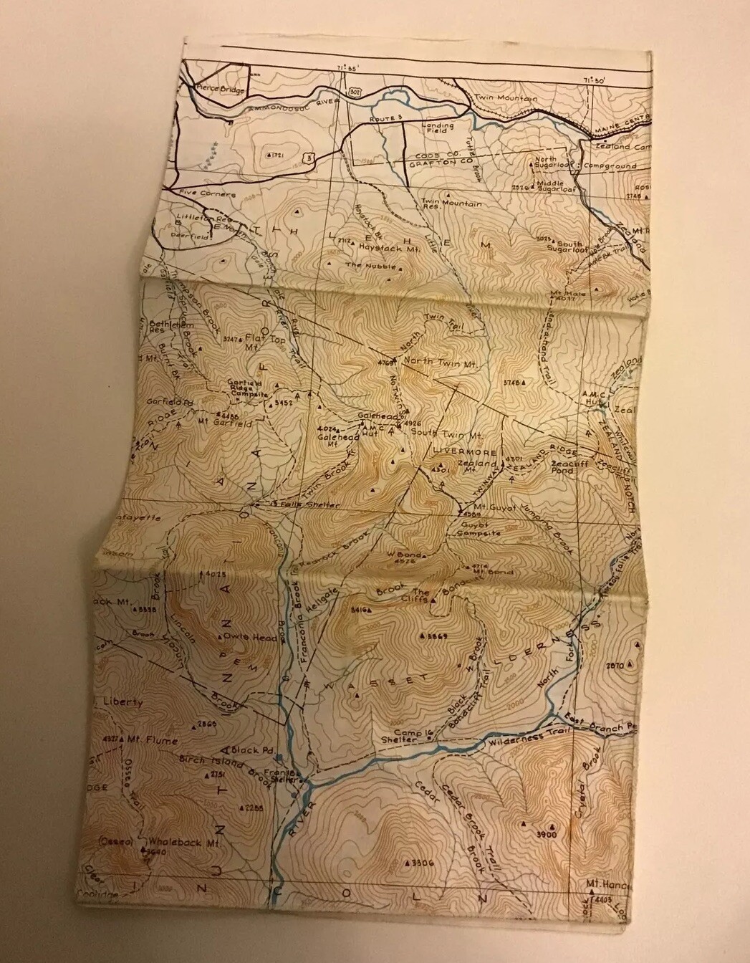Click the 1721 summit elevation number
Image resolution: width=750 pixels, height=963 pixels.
(x=277, y=155)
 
